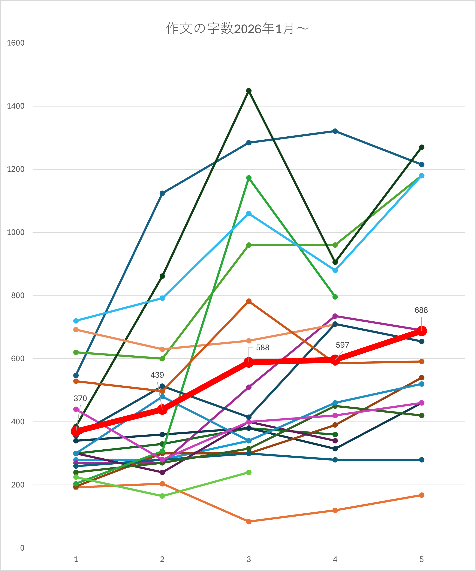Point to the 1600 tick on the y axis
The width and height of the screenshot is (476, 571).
15,43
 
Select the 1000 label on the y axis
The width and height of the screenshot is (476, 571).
15,232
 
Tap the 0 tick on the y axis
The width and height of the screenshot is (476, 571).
22,548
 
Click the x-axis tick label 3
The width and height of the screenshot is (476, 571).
249,559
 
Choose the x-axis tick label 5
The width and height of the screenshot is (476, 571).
421,559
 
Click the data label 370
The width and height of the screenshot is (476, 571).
80,398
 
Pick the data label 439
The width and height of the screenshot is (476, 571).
157,375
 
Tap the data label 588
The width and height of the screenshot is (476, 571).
262,347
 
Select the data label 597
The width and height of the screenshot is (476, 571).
342,345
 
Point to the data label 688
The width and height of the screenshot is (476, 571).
421,310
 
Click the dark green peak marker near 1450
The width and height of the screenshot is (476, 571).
249,91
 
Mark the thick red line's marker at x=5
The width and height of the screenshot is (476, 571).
421,331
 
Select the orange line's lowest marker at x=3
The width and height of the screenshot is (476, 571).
249,522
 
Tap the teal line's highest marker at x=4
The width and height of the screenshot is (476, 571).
335,131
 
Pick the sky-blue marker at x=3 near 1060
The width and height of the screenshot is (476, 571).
249,213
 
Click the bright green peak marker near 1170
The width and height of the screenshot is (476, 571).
249,178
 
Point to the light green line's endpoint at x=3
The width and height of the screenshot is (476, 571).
249,472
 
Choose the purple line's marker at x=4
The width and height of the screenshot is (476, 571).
335,316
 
